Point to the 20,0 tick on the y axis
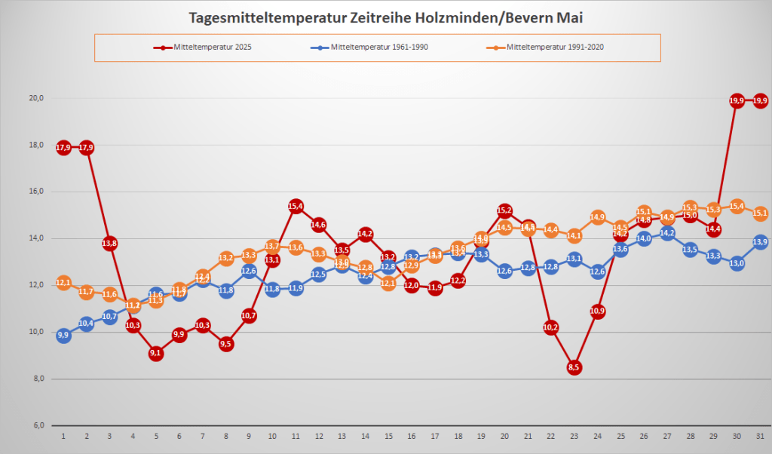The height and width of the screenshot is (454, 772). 36,98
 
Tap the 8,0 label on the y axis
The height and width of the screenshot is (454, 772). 36,379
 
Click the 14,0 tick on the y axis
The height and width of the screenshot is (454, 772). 36,238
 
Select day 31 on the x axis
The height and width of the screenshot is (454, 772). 760,436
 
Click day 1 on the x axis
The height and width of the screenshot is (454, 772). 63,436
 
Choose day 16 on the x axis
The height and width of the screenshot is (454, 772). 412,436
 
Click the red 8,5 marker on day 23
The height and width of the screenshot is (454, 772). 574,367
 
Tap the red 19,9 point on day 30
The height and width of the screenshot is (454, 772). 737,100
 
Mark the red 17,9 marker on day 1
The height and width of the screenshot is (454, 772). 63,147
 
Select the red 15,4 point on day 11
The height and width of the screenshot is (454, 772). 296,205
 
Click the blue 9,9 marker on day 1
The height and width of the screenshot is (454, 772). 63,335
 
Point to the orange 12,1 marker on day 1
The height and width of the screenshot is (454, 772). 63,283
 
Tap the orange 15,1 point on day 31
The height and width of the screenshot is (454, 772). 760,213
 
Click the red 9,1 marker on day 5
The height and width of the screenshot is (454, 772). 156,353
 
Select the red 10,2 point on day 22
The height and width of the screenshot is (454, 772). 551,327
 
